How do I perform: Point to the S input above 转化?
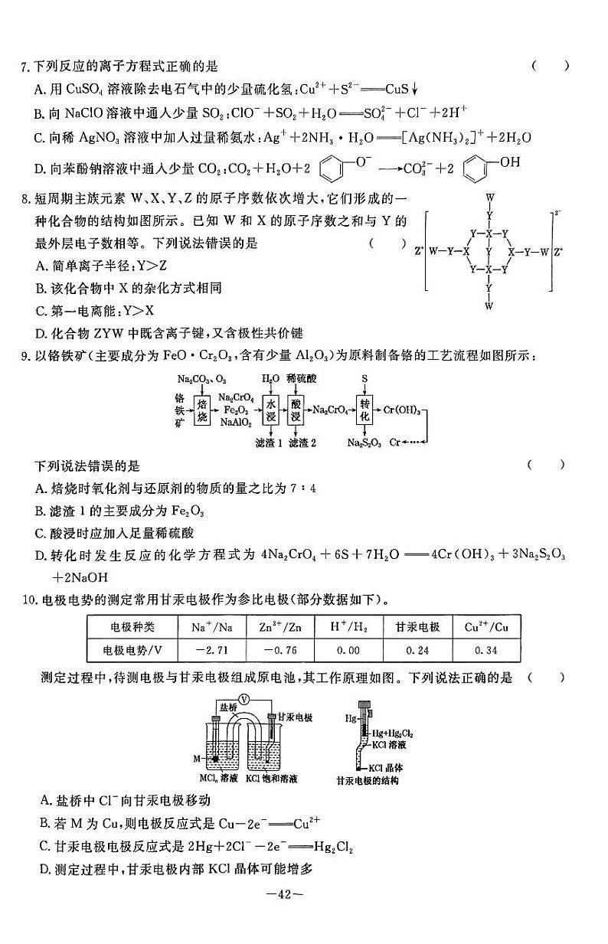pos(364,379)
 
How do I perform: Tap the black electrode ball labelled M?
pos(217,759)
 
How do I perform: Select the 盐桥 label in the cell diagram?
pos(227,708)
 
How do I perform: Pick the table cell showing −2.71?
pos(203,650)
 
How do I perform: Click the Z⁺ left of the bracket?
pos(418,250)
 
